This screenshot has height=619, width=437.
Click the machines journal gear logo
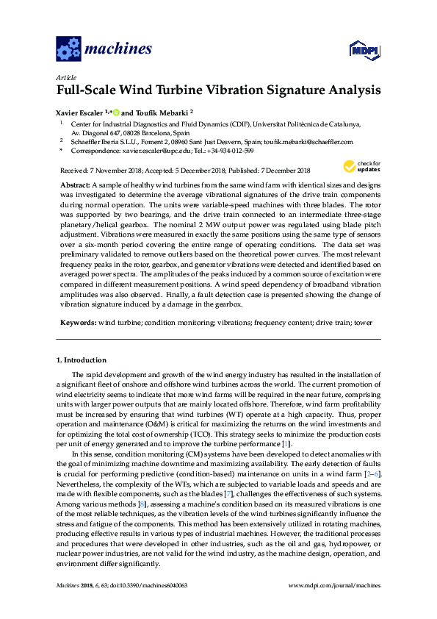click(x=68, y=49)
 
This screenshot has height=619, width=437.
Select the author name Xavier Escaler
click(x=79, y=112)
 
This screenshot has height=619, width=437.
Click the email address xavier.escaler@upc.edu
click(x=156, y=151)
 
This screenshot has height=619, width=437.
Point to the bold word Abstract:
click(x=75, y=183)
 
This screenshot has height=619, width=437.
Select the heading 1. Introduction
click(x=82, y=360)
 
